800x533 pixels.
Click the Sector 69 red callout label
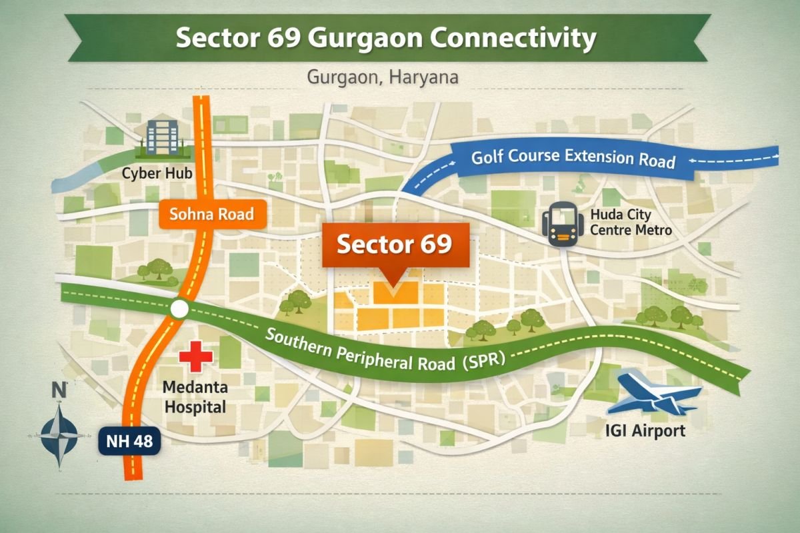click(395, 245)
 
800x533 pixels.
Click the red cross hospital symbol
click(196, 356)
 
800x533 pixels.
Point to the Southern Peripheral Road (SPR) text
click(386, 349)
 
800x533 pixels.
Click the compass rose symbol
click(59, 432)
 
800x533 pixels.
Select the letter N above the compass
click(59, 390)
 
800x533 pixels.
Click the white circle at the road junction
click(179, 309)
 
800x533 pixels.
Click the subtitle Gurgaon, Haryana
click(382, 77)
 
